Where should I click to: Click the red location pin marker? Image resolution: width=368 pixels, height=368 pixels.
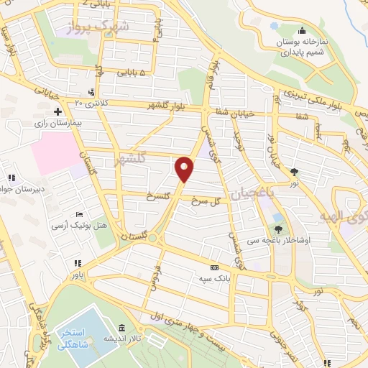pos(185,169)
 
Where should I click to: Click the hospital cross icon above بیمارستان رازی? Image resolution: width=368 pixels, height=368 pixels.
pos(58,111)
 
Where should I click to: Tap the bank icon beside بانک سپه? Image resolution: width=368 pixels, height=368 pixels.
pos(213,266)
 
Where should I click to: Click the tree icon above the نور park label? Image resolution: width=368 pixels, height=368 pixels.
pos(295,172)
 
